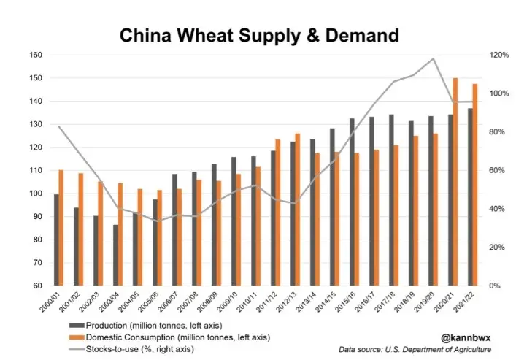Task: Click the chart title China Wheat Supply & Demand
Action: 259,34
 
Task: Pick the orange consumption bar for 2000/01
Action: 61,228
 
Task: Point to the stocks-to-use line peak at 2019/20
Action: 434,58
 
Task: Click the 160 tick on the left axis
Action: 35,55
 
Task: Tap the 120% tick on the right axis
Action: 499,55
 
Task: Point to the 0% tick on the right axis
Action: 496,286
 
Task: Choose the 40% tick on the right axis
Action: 498,209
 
